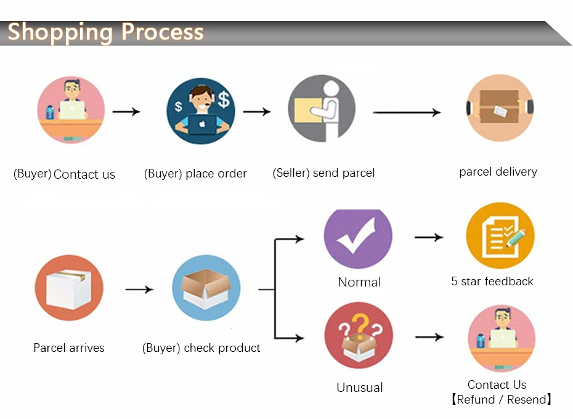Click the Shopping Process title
point(105,31)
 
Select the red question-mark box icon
point(359,336)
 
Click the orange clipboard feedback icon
point(500,237)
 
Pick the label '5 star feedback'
point(492,282)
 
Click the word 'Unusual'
point(359,388)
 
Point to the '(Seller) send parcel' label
point(323,173)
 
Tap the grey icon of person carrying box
point(322,108)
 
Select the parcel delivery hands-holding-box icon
point(500,108)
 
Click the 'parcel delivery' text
point(498,172)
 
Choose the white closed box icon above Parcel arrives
point(69,288)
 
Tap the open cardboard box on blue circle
point(206,288)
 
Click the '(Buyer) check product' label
point(201,348)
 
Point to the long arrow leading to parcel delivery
point(407,112)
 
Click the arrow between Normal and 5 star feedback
point(429,237)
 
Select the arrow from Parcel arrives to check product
point(139,289)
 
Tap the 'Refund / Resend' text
point(501,400)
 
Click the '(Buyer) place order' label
point(195,174)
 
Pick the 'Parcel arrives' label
point(69,348)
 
